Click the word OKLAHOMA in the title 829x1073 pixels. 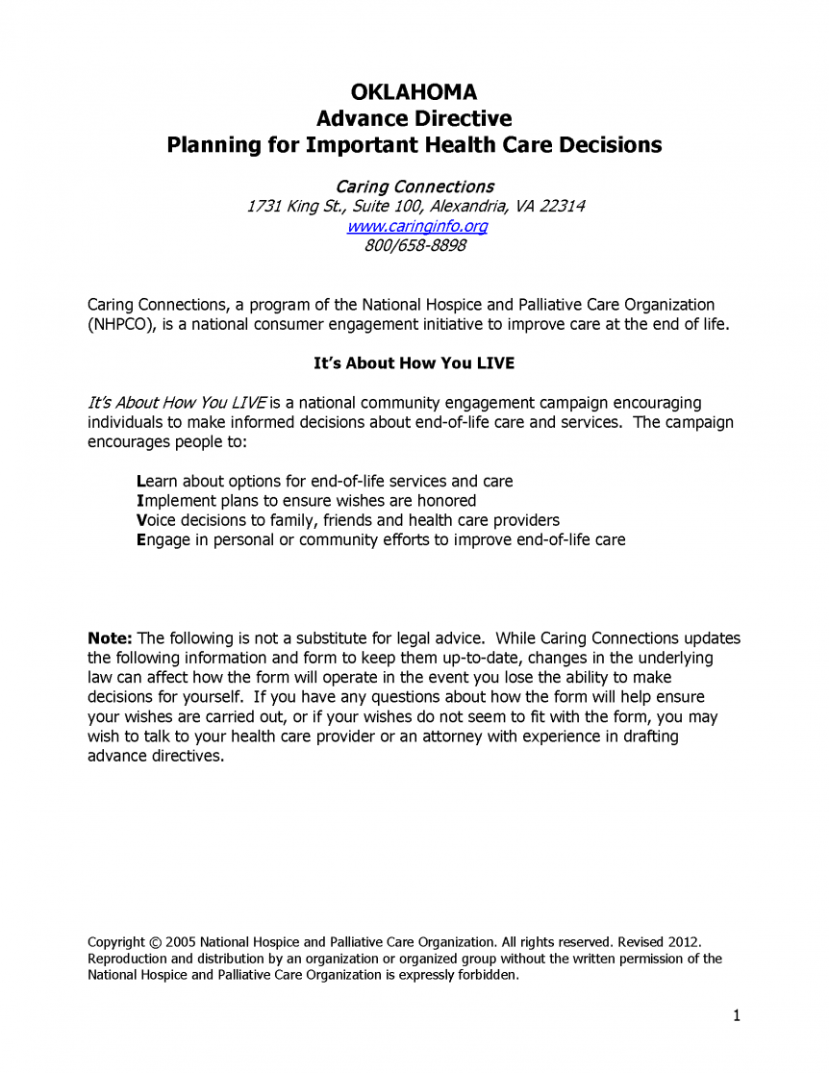coord(414,92)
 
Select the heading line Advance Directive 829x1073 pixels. coord(414,119)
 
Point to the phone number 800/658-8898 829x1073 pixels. coord(415,245)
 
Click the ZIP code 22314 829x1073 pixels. coord(562,207)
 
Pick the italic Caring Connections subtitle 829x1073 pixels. coord(414,187)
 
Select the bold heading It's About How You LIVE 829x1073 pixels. coord(414,363)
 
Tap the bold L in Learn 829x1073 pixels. coord(141,481)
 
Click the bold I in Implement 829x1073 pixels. coord(140,500)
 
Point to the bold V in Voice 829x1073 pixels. coord(141,520)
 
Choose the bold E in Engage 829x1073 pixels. coord(141,539)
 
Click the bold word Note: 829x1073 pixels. coord(111,638)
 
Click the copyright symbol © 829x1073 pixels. coord(155,941)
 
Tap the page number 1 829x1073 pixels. coord(736,1015)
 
